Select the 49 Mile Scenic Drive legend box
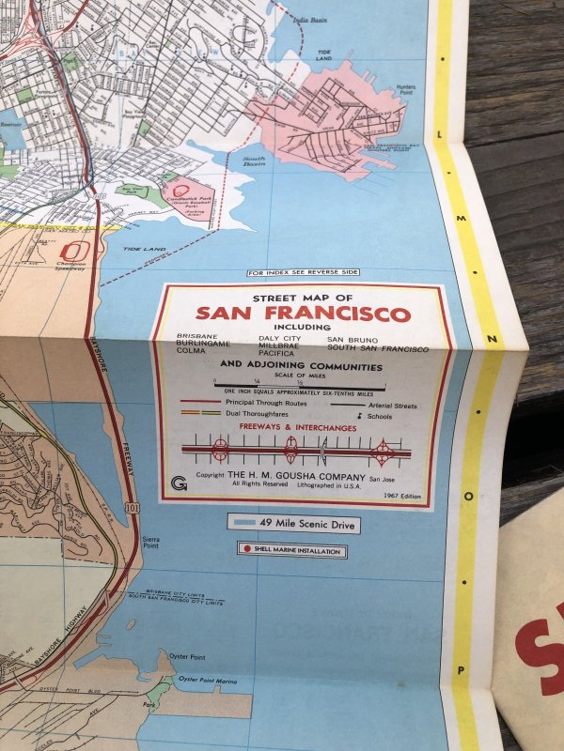tap(293, 523)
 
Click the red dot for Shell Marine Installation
tap(246, 551)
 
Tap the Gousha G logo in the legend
tap(180, 482)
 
